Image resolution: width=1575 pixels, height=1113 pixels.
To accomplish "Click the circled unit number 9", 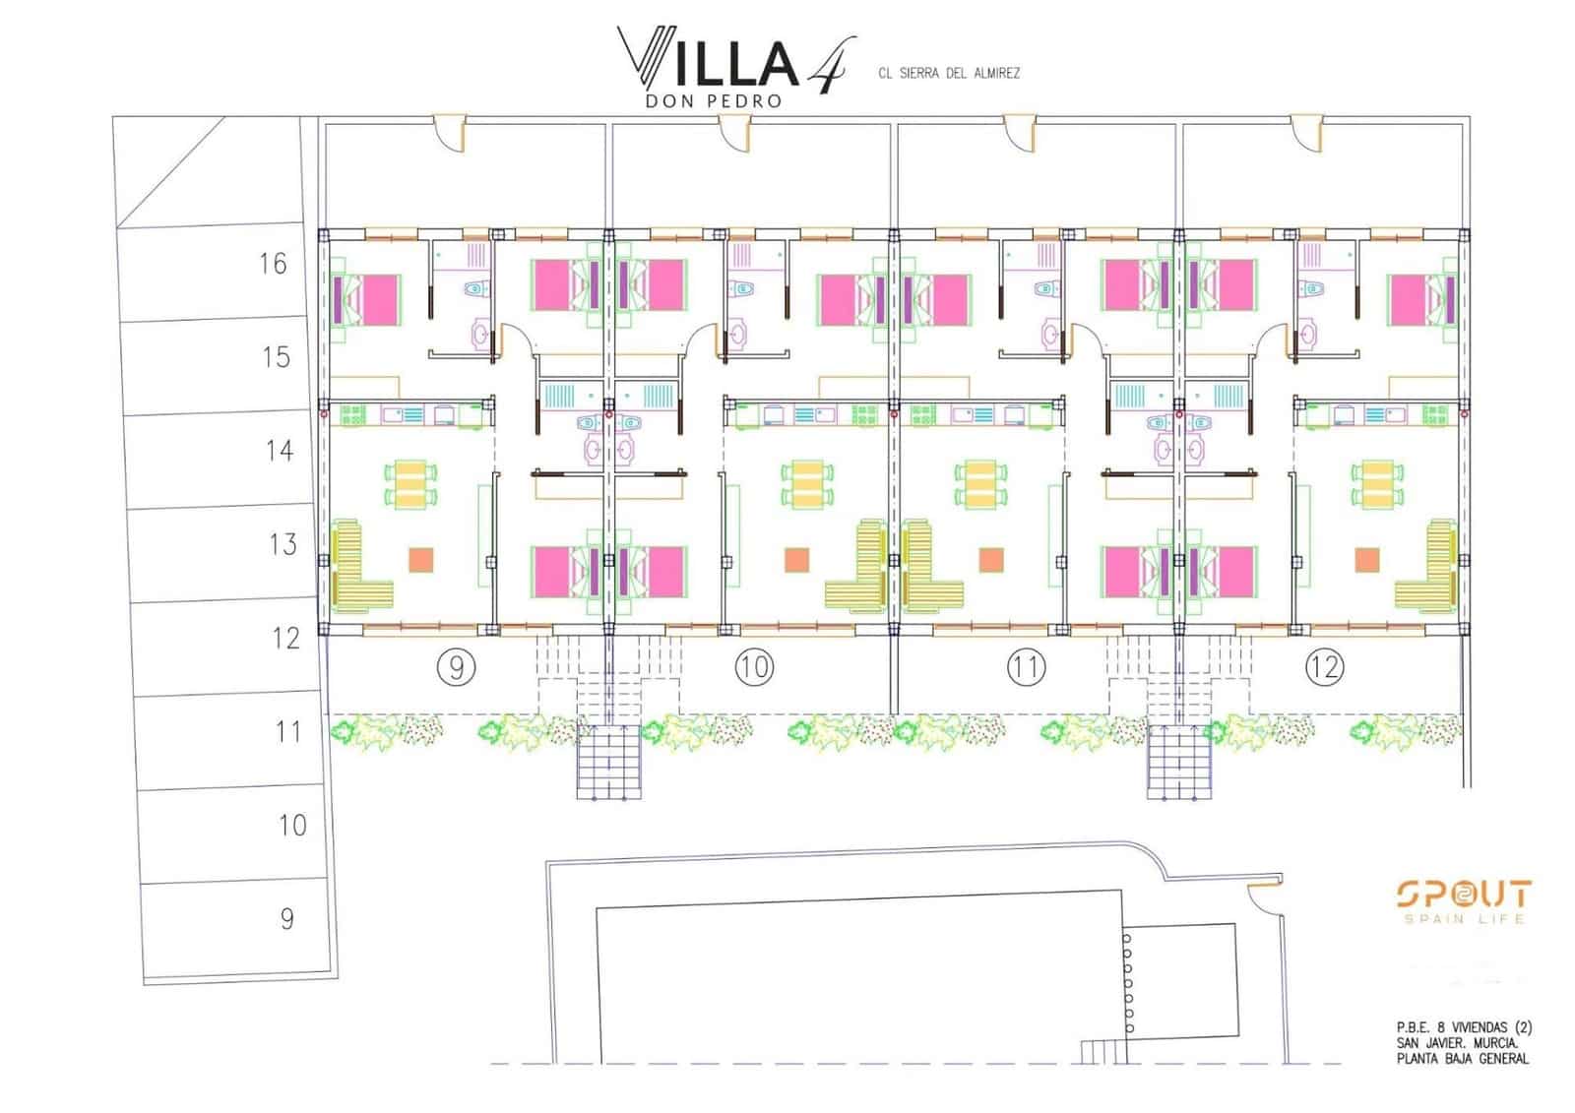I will (456, 668).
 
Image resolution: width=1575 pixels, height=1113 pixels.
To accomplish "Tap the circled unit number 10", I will (754, 668).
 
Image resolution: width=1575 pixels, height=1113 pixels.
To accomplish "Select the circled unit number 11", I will (1026, 668).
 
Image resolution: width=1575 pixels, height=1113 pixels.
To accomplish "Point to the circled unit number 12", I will (1324, 668).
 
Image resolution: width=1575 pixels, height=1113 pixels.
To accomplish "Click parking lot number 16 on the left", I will (274, 264).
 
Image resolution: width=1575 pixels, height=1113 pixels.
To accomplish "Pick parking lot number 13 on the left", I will (283, 544).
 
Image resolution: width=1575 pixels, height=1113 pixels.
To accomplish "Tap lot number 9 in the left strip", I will (286, 919).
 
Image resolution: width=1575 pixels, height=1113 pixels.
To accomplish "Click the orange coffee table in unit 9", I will (420, 560).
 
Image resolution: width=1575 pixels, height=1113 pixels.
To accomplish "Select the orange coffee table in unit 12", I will (1366, 560).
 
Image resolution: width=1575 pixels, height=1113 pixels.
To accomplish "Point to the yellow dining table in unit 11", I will (980, 484).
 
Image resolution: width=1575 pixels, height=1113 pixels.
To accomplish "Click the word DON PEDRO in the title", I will (713, 100).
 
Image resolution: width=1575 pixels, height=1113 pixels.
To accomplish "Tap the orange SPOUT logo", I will (1464, 895).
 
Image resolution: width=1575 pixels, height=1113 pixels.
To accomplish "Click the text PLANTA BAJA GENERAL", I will (1462, 1059).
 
